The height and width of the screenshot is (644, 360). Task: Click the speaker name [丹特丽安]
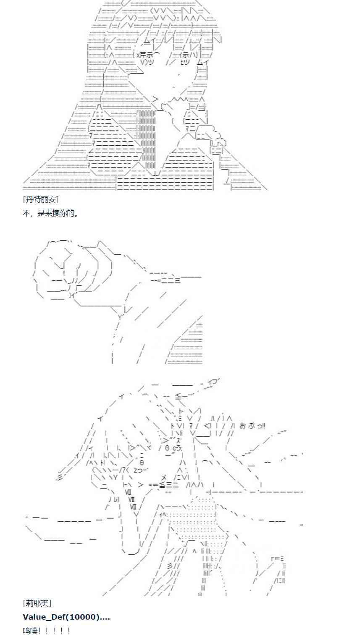pyautogui.click(x=41, y=199)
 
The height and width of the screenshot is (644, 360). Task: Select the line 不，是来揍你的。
pyautogui.click(x=50, y=213)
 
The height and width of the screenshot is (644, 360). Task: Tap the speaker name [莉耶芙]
pyautogui.click(x=37, y=603)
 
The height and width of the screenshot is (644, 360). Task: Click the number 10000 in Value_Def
pyautogui.click(x=83, y=617)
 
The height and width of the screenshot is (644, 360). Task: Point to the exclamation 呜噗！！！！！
pyautogui.click(x=47, y=631)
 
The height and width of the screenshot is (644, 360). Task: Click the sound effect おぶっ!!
pyautogui.click(x=252, y=426)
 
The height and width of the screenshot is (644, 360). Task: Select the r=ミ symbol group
pyautogui.click(x=278, y=558)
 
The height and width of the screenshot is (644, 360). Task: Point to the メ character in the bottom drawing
pyautogui.click(x=164, y=477)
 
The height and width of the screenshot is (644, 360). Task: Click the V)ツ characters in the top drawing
pyautogui.click(x=147, y=63)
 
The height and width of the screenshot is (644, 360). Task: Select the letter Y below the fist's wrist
pyautogui.click(x=120, y=317)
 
